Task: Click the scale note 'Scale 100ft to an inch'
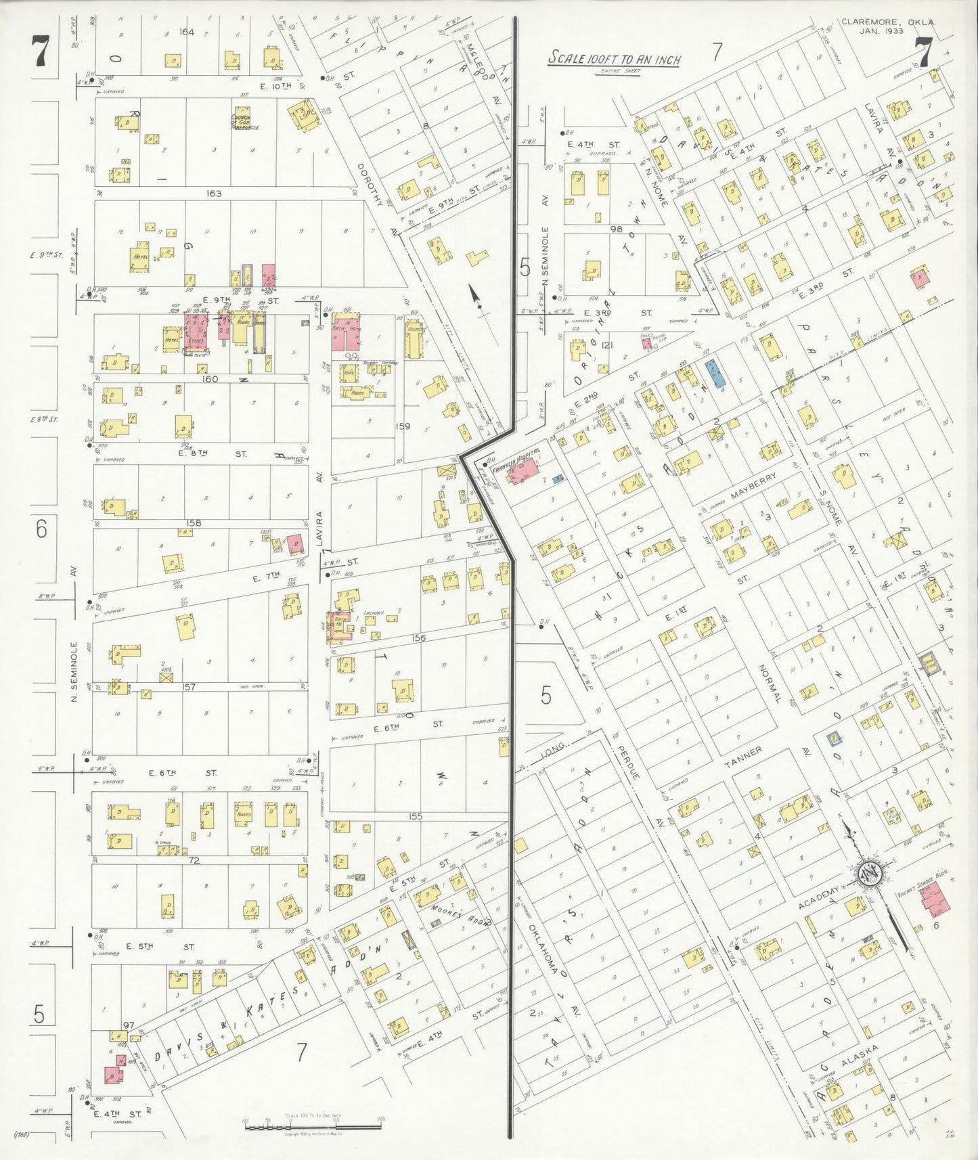pyautogui.click(x=613, y=59)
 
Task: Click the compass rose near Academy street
pyautogui.click(x=868, y=874)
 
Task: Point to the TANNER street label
pyautogui.click(x=744, y=759)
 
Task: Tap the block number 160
pyautogui.click(x=210, y=379)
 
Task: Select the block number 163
pyautogui.click(x=214, y=194)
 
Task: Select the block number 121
pyautogui.click(x=606, y=345)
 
